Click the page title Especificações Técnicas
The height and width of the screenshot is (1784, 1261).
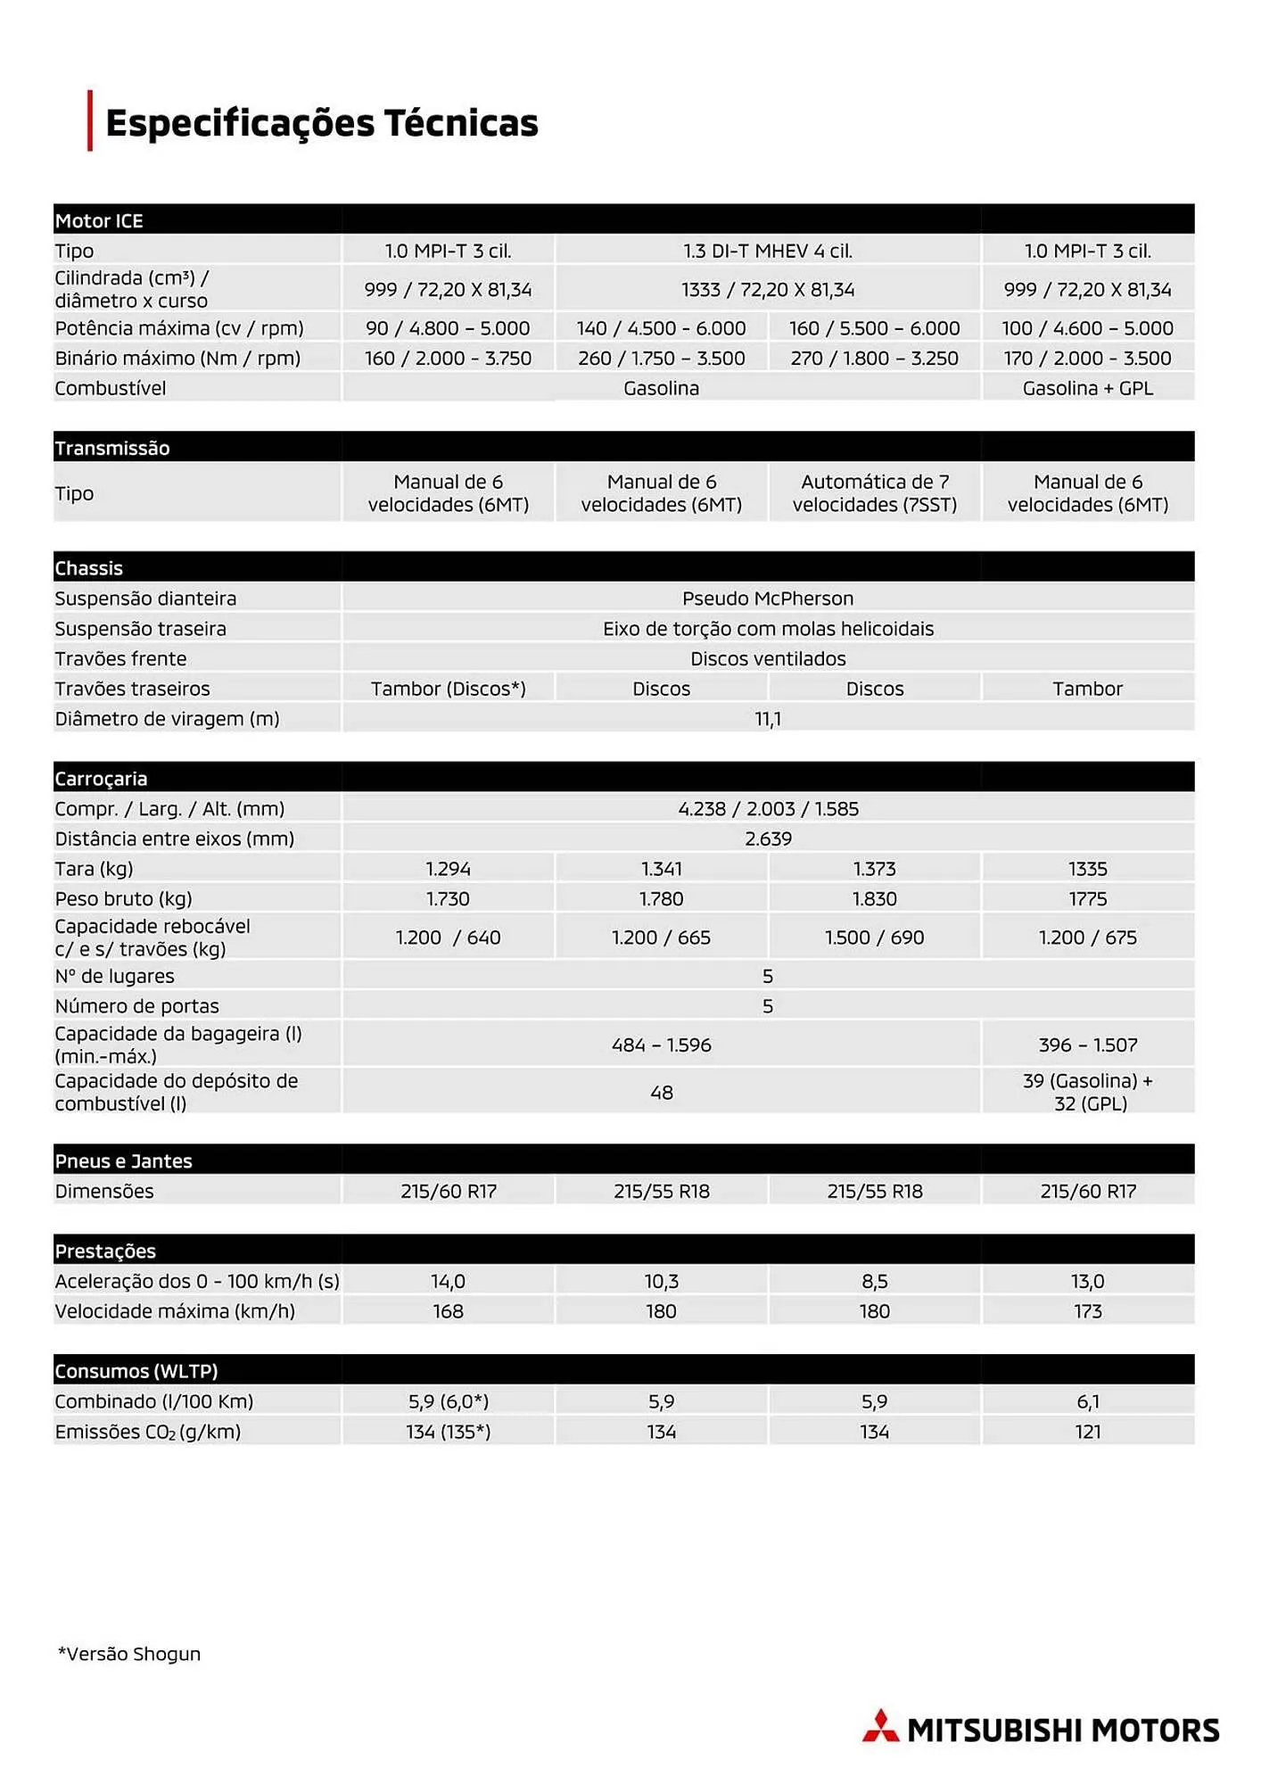coord(321,123)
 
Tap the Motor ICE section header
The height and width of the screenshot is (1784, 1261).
coord(99,220)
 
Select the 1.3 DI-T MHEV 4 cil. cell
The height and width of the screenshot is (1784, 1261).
coord(768,251)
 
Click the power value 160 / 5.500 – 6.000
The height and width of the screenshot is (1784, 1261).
coord(874,328)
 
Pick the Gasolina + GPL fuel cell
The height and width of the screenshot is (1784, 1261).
coord(1087,388)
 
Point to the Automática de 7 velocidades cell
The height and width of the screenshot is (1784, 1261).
coord(874,493)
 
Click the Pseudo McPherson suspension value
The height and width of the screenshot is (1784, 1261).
coord(768,599)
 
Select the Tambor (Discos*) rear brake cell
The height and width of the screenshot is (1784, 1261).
coord(448,689)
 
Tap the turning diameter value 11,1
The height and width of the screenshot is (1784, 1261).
coord(768,719)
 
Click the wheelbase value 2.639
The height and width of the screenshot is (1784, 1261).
coord(768,838)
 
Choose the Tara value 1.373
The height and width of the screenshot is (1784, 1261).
coord(874,869)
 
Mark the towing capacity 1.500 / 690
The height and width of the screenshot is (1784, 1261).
coord(874,937)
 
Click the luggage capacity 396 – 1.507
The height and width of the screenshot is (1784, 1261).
coord(1087,1045)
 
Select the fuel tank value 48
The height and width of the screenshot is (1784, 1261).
coord(661,1093)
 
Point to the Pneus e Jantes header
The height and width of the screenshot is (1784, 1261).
coord(123,1160)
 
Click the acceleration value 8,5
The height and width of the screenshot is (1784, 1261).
coord(874,1282)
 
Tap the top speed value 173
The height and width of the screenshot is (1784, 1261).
coord(1087,1311)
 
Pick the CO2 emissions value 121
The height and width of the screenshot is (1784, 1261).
coord(1087,1432)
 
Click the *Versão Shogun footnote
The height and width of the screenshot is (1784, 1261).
coord(129,1654)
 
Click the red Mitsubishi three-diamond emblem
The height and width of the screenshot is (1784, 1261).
coord(880,1728)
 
